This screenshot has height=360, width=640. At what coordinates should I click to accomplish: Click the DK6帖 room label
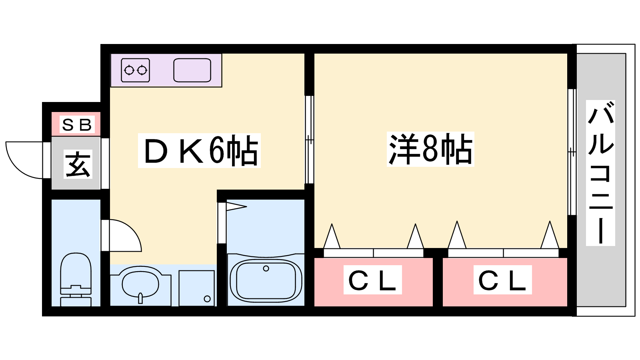click(199, 150)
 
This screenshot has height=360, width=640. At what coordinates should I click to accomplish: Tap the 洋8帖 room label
click(430, 149)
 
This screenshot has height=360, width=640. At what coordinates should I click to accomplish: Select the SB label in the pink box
click(77, 125)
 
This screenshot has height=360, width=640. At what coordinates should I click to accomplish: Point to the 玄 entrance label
click(78, 164)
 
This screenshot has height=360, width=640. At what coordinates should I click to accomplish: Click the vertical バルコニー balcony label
click(600, 173)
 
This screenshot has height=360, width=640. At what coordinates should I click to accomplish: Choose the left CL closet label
click(372, 280)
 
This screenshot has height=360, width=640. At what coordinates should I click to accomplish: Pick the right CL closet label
click(502, 280)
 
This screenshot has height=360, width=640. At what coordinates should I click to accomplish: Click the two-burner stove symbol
click(135, 70)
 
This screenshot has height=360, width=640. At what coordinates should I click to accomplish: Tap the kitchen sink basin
click(192, 70)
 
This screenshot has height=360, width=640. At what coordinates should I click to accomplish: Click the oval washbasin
click(140, 283)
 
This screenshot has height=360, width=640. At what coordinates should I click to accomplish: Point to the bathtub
click(266, 280)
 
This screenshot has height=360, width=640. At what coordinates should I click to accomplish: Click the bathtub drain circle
click(266, 268)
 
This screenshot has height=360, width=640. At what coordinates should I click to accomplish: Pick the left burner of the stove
click(129, 70)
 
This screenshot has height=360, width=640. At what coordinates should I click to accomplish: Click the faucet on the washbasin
click(140, 298)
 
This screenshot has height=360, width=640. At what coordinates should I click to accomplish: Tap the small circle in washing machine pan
click(207, 299)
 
